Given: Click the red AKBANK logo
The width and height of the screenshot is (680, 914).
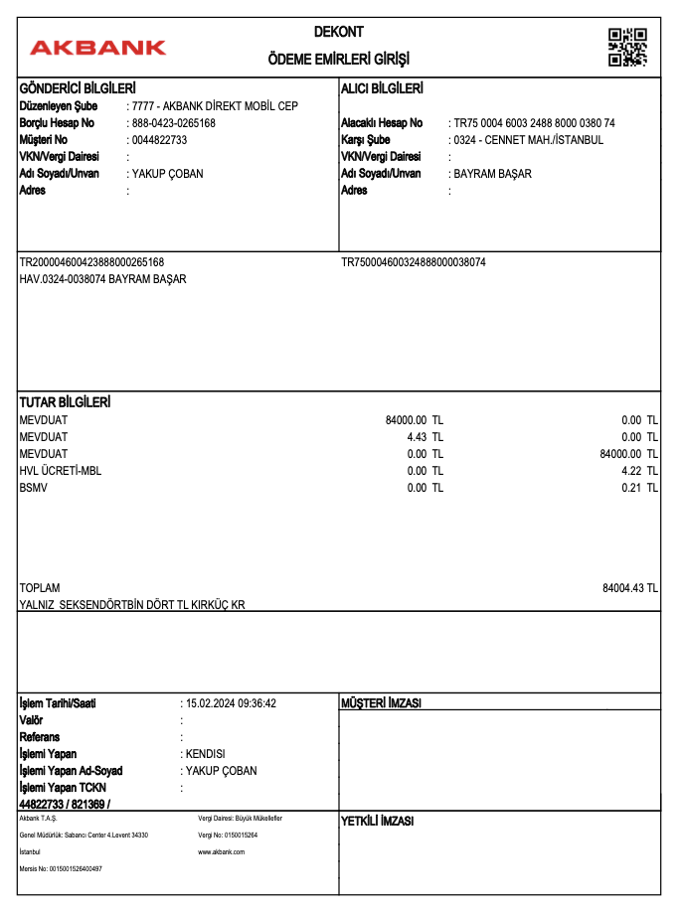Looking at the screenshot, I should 97,48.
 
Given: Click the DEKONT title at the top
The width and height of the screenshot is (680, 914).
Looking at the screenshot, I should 339,34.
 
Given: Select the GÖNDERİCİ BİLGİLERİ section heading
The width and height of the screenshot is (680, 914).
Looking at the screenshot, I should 78,88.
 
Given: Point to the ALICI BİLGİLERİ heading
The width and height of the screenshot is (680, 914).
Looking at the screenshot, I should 382,88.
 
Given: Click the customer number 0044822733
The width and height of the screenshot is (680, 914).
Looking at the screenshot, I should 159,140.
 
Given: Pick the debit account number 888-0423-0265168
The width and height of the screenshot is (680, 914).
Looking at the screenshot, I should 173,123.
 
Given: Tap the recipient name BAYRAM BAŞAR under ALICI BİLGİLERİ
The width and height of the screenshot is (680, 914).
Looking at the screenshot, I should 492,174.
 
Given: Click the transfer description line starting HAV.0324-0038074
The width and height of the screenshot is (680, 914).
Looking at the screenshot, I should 102,279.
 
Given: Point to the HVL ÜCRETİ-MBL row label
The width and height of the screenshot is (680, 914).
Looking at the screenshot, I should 60,471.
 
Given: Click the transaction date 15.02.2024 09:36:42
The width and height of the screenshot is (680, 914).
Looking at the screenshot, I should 231,703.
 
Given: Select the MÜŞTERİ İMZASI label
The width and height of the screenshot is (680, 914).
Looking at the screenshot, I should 381,703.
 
